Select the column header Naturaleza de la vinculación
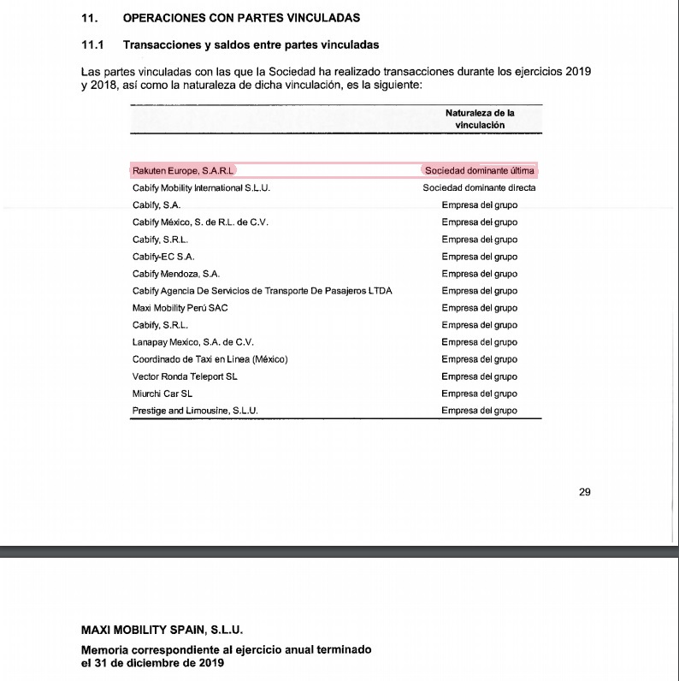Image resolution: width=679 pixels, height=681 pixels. [x=480, y=119]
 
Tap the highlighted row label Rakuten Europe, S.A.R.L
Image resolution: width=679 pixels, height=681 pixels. [x=183, y=170]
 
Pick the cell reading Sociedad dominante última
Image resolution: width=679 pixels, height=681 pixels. [x=479, y=170]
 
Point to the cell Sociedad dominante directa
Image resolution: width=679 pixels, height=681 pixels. [x=479, y=187]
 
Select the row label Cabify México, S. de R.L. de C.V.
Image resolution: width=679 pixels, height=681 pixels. [x=200, y=222]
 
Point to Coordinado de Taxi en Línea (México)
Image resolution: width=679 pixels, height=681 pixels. [x=210, y=359]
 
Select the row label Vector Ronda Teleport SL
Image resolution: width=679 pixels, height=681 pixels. [x=185, y=376]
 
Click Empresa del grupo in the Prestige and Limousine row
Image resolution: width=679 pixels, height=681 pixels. [x=479, y=411]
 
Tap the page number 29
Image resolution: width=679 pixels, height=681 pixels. [x=585, y=492]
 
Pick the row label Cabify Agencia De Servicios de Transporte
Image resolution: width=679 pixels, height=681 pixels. [x=262, y=291]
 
